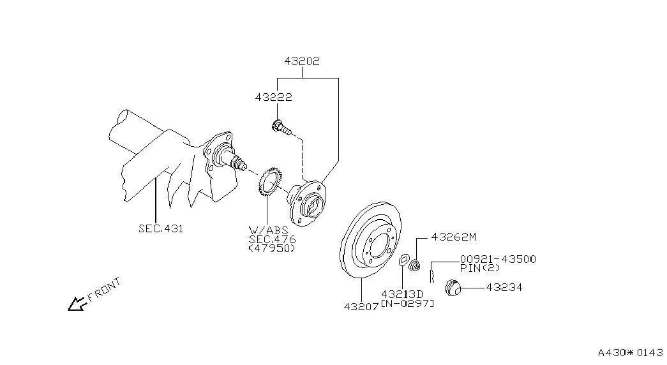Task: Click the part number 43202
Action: tap(302, 61)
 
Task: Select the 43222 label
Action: tap(274, 98)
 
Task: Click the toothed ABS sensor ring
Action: tap(267, 183)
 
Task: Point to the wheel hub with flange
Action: tap(306, 202)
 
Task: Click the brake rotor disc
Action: tap(370, 241)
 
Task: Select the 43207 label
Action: tap(361, 307)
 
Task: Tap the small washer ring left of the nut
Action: tap(404, 260)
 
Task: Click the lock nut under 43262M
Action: tap(414, 266)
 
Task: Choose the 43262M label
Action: tap(453, 237)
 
